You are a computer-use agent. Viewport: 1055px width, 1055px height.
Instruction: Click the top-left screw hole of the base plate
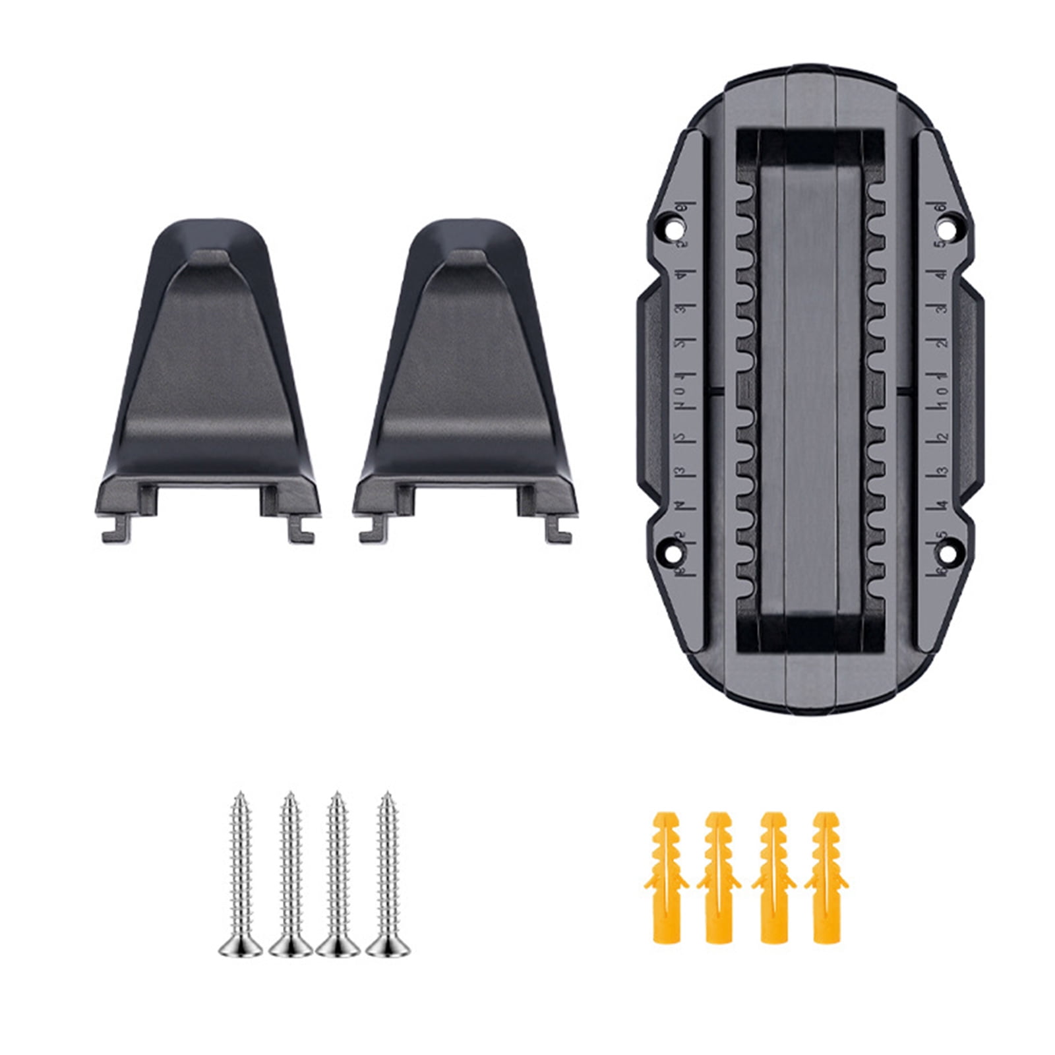(x=673, y=230)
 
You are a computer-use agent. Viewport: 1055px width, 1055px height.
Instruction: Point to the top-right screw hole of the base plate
(x=948, y=230)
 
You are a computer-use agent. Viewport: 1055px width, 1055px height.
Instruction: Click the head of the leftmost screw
(x=240, y=944)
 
